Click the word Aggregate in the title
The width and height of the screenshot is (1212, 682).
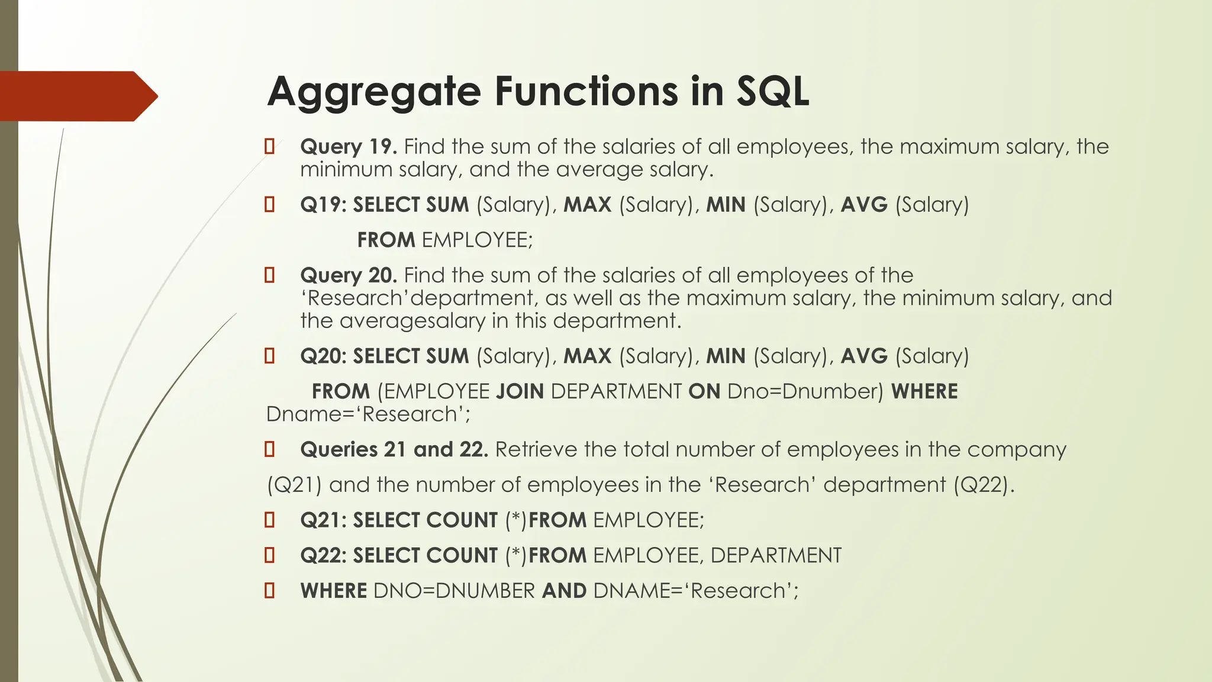[373, 92]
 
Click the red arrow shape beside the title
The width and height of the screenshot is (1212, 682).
[77, 96]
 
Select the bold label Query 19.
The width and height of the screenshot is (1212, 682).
[348, 147]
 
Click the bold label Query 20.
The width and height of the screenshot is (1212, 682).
[348, 275]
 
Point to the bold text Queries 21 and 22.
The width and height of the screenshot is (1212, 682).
[394, 449]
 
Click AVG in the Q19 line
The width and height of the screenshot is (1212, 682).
[864, 205]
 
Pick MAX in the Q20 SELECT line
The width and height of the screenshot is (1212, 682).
[587, 356]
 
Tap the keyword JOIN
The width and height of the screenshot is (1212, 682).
[520, 392]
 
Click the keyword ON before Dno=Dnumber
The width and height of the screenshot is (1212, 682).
[704, 392]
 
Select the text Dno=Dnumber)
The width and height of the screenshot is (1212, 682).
[805, 392]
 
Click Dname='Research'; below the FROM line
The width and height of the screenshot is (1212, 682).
[368, 414]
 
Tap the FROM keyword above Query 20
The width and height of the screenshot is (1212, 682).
[386, 240]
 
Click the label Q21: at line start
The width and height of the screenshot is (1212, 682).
[323, 520]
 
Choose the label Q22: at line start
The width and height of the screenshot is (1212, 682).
[323, 556]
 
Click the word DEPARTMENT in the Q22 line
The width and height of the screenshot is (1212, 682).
[775, 556]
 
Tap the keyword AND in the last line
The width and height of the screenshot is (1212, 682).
[564, 591]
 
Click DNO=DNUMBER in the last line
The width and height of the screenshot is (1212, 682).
[454, 591]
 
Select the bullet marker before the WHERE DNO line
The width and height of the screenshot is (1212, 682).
[269, 590]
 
